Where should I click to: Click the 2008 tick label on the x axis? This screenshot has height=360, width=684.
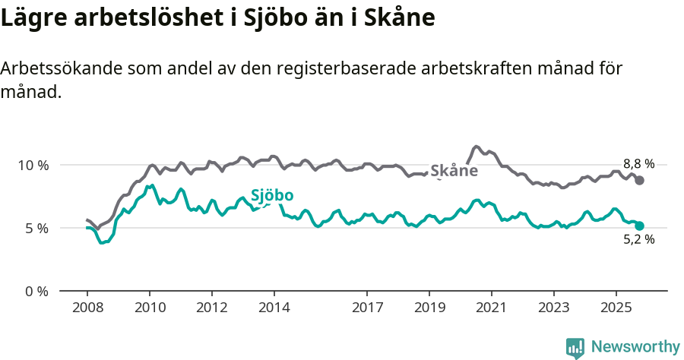click(x=87, y=308)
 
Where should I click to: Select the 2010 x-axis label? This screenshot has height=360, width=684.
click(x=149, y=308)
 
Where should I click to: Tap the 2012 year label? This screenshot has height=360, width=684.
click(x=211, y=308)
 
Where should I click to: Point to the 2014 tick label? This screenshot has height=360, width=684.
click(x=274, y=308)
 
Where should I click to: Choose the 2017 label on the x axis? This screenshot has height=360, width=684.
click(x=367, y=308)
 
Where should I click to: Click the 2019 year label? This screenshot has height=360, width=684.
click(x=429, y=308)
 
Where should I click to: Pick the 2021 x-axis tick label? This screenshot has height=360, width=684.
click(x=491, y=308)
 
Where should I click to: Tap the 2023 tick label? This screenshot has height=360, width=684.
click(x=553, y=308)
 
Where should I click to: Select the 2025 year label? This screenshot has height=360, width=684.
click(x=616, y=308)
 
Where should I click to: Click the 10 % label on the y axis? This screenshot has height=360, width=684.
click(x=33, y=165)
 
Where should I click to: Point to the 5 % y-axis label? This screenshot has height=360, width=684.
click(x=36, y=228)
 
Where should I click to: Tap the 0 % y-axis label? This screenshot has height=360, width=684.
click(x=36, y=291)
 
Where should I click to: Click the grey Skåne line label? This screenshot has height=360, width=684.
click(x=454, y=171)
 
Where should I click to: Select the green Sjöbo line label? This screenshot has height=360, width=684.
click(x=272, y=195)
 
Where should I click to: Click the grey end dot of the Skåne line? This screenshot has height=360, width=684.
click(x=640, y=180)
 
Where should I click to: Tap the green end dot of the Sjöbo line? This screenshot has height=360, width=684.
click(x=640, y=226)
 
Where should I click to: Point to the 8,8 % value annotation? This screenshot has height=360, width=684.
click(x=638, y=163)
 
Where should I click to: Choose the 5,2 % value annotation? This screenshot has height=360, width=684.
click(x=638, y=239)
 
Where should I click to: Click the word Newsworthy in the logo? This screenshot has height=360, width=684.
click(x=635, y=347)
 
